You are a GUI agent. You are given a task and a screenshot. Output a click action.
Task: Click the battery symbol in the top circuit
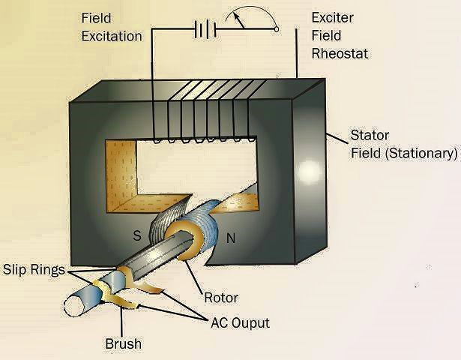[x=204, y=29]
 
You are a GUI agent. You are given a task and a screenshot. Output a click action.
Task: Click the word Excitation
[x=112, y=35]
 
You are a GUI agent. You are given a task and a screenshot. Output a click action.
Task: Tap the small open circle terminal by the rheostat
[x=276, y=29]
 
